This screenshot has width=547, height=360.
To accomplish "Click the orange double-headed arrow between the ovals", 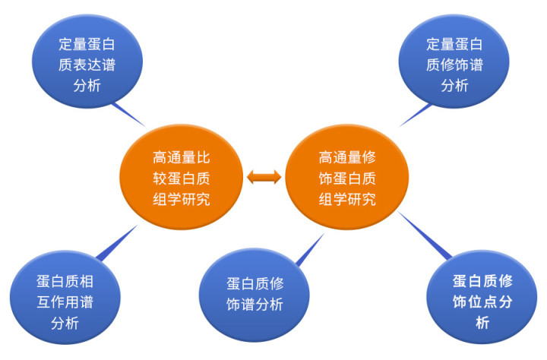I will click(x=264, y=178).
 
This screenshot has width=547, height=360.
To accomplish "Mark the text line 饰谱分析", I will click(x=255, y=305).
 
